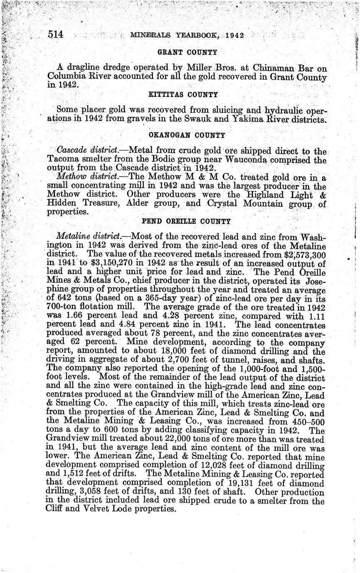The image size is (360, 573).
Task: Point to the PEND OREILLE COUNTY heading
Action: [186, 221]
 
